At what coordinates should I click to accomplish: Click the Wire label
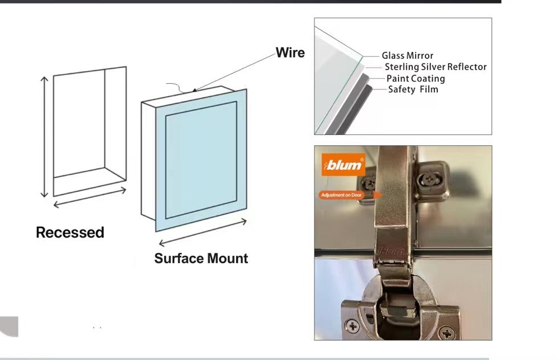(x=290, y=53)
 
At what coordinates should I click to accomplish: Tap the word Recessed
(x=70, y=232)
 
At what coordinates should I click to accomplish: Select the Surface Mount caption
(x=201, y=259)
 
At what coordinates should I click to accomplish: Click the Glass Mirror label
(x=408, y=55)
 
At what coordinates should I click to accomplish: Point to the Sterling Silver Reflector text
(x=436, y=67)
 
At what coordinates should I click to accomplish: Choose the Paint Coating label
(x=416, y=78)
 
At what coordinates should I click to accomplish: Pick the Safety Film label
(x=413, y=89)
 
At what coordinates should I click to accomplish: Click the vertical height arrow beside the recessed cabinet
(x=44, y=137)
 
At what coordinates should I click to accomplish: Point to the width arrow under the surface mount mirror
(x=202, y=232)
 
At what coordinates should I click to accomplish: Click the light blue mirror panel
(x=201, y=159)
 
